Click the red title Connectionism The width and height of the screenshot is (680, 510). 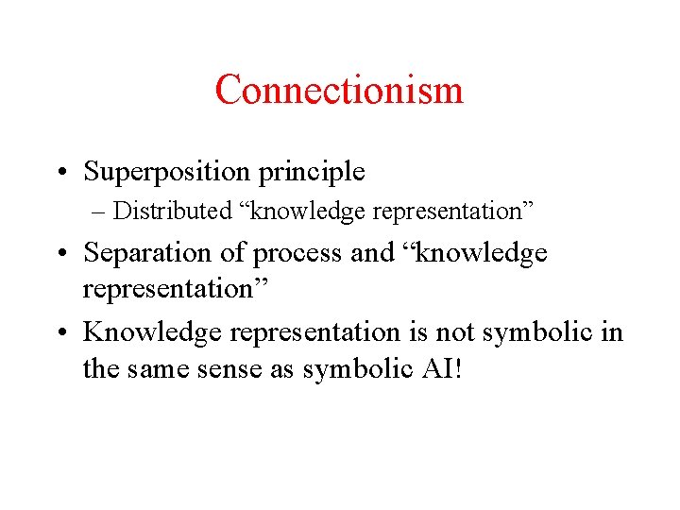(x=339, y=91)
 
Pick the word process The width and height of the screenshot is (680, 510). (x=280, y=253)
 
